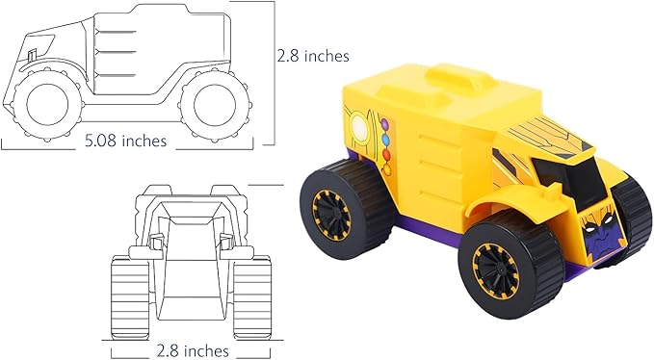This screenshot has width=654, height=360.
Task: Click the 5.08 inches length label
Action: pos(125,141)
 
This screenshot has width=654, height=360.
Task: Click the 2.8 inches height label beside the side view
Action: pos(313,56)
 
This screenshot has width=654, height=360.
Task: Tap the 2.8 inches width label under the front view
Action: pos(193,350)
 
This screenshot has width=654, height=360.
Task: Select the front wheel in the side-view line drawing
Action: pos(45,104)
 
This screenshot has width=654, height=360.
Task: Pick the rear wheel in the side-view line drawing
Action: pos(216,104)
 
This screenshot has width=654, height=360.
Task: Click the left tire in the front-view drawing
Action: pos(130,298)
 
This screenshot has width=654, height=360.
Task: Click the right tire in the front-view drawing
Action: pos(252,298)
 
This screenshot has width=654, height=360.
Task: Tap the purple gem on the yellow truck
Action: pos(384,124)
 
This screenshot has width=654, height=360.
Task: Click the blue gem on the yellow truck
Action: pos(385,140)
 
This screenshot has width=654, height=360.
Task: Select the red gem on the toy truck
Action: pos(386,155)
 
